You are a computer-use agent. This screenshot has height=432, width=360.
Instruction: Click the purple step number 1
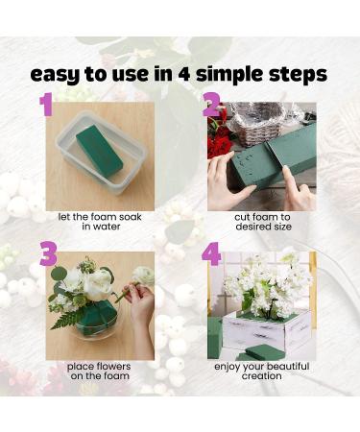coord(45,104)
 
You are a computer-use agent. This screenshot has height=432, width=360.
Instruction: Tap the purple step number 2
coord(213,105)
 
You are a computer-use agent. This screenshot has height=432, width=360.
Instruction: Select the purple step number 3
coord(47,254)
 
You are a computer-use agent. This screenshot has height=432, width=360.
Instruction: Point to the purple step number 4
coord(212,255)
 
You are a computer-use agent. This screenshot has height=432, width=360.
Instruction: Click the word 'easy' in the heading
coord(56,74)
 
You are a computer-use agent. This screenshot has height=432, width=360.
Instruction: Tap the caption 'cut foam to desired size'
coord(262,221)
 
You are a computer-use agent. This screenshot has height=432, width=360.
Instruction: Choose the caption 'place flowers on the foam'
coord(100,371)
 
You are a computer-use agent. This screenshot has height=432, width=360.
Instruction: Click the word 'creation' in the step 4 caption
coord(262,376)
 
